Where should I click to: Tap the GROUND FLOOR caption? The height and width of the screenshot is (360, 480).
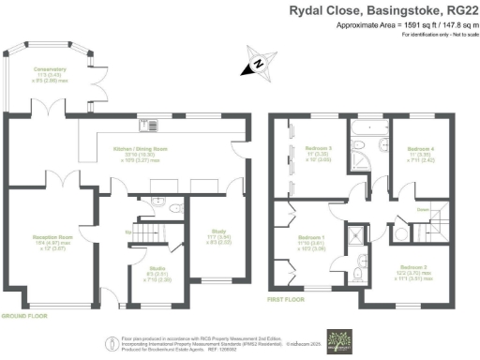[26, 317]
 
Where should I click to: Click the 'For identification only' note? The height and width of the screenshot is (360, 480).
[436, 34]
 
